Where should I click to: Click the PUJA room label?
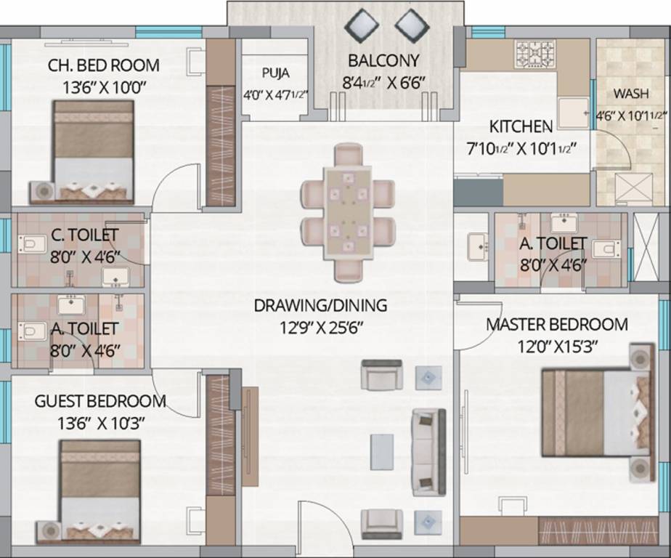pos(275,73)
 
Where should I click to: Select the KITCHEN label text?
pos(521,126)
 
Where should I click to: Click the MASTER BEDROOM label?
pos(557,324)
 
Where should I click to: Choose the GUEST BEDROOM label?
pos(100,401)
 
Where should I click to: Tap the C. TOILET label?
pos(85,235)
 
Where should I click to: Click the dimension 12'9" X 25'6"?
pos(320,326)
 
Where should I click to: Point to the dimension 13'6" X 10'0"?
pos(104,87)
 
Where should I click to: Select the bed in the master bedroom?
pos(594,412)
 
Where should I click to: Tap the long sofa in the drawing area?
pos(428,451)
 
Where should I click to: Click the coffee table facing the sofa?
pos(382,451)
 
